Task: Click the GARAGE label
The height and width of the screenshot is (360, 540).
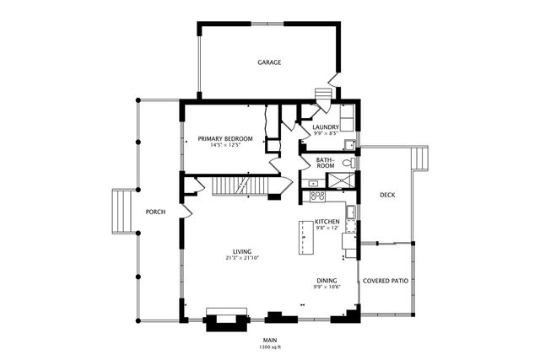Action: [269, 62]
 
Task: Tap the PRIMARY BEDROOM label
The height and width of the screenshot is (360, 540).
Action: [225, 138]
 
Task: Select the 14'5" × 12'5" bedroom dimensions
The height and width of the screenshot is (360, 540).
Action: [225, 145]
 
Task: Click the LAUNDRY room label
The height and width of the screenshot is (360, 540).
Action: [326, 127]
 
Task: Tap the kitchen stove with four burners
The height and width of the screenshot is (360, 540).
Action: [318, 196]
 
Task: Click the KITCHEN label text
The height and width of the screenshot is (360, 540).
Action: [327, 222]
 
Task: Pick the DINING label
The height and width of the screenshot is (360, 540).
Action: [327, 281]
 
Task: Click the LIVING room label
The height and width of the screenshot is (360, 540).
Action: [243, 251]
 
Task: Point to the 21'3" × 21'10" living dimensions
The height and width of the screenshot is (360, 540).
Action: [243, 258]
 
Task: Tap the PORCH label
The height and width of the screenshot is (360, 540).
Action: [155, 212]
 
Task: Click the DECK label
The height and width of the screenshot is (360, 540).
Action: [387, 195]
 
